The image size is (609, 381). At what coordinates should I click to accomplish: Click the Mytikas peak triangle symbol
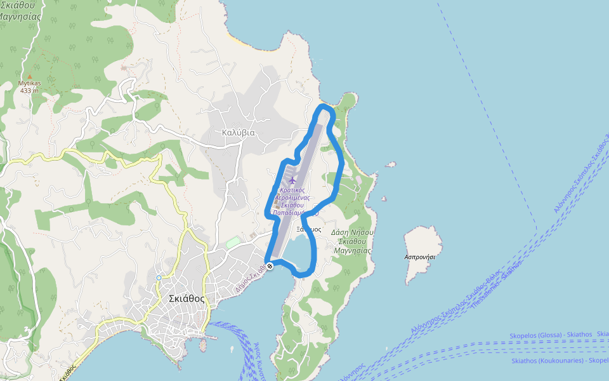[29, 76]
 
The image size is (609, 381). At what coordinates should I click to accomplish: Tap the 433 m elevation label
[29, 91]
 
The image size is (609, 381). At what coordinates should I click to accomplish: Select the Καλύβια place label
[238, 133]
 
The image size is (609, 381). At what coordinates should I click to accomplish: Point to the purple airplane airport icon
[292, 180]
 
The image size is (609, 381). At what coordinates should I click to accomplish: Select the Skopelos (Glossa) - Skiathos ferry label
[551, 335]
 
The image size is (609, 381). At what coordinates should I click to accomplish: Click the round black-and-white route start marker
[270, 265]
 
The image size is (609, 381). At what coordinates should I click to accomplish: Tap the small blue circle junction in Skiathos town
[159, 277]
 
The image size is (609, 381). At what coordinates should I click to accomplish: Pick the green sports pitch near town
[233, 243]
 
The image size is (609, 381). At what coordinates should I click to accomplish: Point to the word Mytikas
[29, 83]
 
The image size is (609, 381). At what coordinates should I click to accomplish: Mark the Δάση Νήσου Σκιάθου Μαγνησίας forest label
[352, 241]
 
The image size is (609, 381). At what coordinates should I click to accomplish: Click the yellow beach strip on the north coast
[236, 40]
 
